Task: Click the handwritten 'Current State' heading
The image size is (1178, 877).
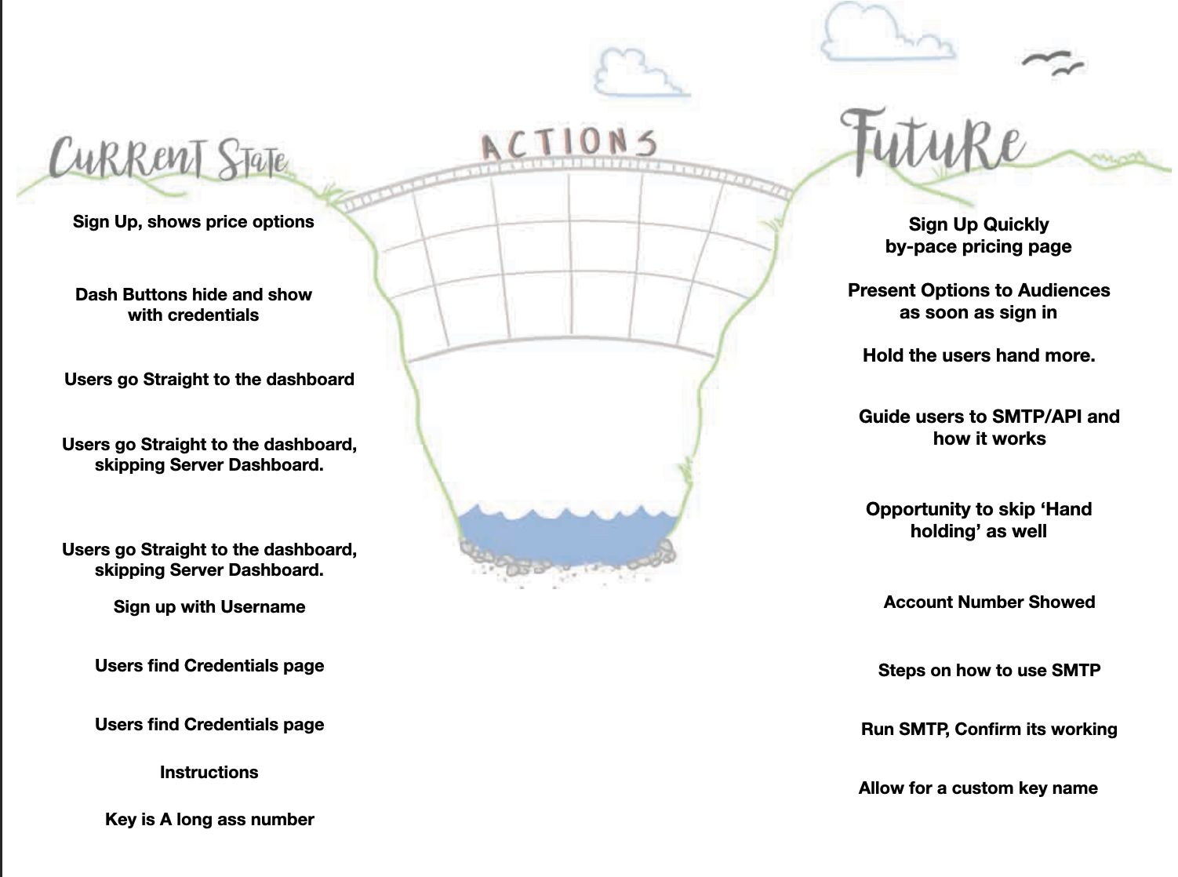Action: [168, 158]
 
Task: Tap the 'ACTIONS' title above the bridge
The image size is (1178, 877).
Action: [568, 144]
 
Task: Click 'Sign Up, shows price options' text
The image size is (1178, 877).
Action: [193, 222]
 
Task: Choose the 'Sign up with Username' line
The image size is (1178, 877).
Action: [209, 607]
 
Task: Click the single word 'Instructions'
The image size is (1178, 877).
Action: [209, 773]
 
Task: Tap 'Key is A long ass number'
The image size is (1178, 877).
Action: [209, 820]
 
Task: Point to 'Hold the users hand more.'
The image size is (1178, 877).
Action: [979, 356]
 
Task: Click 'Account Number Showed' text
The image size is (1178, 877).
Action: [989, 602]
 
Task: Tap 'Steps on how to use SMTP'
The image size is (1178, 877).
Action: [989, 671]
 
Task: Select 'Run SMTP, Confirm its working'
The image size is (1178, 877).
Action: [989, 730]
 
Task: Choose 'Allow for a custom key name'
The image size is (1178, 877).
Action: [978, 788]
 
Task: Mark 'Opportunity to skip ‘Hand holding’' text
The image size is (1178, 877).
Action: [978, 520]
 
